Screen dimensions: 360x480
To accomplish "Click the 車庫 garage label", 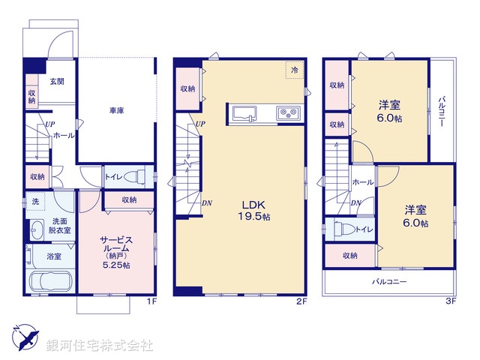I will point(116,110).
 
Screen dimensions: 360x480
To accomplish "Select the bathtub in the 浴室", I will point(49,284).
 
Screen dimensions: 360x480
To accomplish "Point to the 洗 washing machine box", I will point(34,202).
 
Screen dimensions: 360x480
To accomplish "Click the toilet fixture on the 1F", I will point(136,178).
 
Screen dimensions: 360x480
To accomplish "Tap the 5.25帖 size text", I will point(115,265).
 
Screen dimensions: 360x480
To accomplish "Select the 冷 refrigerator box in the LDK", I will point(294,70).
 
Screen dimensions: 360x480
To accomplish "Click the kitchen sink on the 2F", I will point(245,113).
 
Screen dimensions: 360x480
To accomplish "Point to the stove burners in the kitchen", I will point(288,113).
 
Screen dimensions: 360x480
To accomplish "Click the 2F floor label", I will point(301,301).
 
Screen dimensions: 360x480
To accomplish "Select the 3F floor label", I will point(450,301).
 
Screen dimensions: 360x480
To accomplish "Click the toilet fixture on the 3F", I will point(341,229).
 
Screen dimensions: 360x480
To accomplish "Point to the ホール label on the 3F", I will point(363,182).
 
